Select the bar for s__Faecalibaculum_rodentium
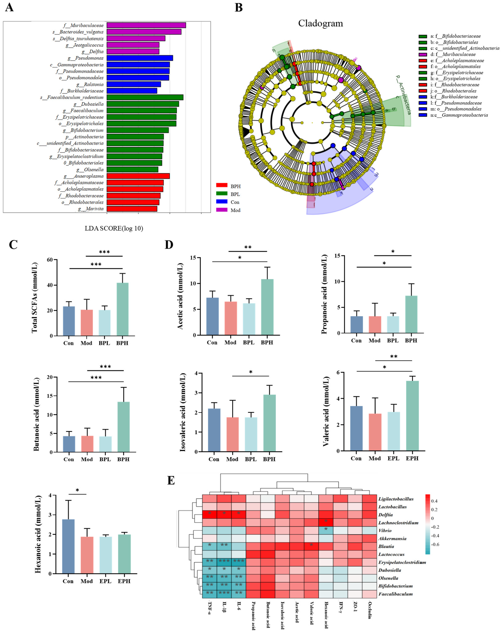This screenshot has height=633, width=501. tap(145, 97)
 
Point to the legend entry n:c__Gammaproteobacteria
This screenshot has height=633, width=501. tap(458, 115)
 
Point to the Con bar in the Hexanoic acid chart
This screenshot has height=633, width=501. tap(68, 546)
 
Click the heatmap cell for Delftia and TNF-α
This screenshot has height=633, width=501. tap(209, 514)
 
